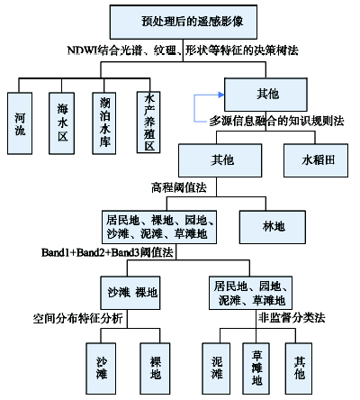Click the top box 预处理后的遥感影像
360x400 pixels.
[184, 22]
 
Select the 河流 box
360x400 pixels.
[20, 123]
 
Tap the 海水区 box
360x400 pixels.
[62, 123]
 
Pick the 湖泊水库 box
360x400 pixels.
[104, 123]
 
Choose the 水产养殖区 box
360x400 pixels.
[148, 123]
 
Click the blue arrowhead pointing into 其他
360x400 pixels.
[221, 95]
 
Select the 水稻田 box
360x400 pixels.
[316, 160]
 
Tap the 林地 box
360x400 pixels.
[273, 227]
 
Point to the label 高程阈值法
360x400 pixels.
[179, 187]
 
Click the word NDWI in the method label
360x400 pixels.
[83, 50]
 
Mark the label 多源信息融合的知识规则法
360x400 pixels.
[276, 121]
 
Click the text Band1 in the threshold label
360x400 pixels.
[55, 252]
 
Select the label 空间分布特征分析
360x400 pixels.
[78, 318]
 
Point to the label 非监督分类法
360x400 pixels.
[292, 317]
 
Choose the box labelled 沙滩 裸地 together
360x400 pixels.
[130, 293]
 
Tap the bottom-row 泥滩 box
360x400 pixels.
[216, 368]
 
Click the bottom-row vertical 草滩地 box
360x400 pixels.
[256, 368]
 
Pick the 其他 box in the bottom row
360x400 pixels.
[299, 368]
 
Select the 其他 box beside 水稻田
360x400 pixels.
[220, 160]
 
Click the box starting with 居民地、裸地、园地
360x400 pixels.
[159, 227]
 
